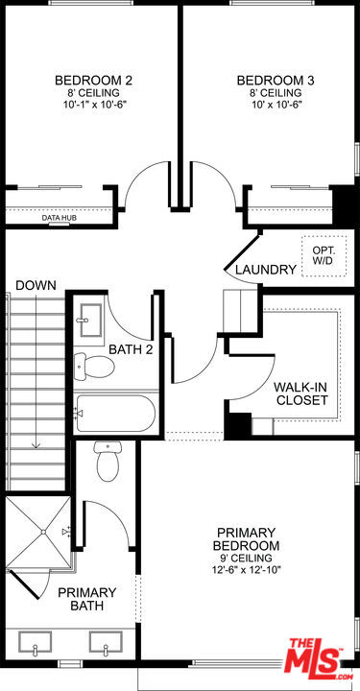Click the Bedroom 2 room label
pos(93,80)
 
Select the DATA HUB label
pos(60,219)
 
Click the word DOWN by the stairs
pos(36,285)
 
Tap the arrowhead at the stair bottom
pos(36,443)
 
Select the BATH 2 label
pos(131,349)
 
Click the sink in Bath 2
pos(91,320)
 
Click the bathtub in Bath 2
pos(115,414)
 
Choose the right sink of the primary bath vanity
pos(104,642)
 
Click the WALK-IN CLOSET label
pos(301,393)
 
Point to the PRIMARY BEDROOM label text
pos(246,538)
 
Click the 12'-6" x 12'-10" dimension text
pos(247,569)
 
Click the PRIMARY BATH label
pos(87,599)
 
